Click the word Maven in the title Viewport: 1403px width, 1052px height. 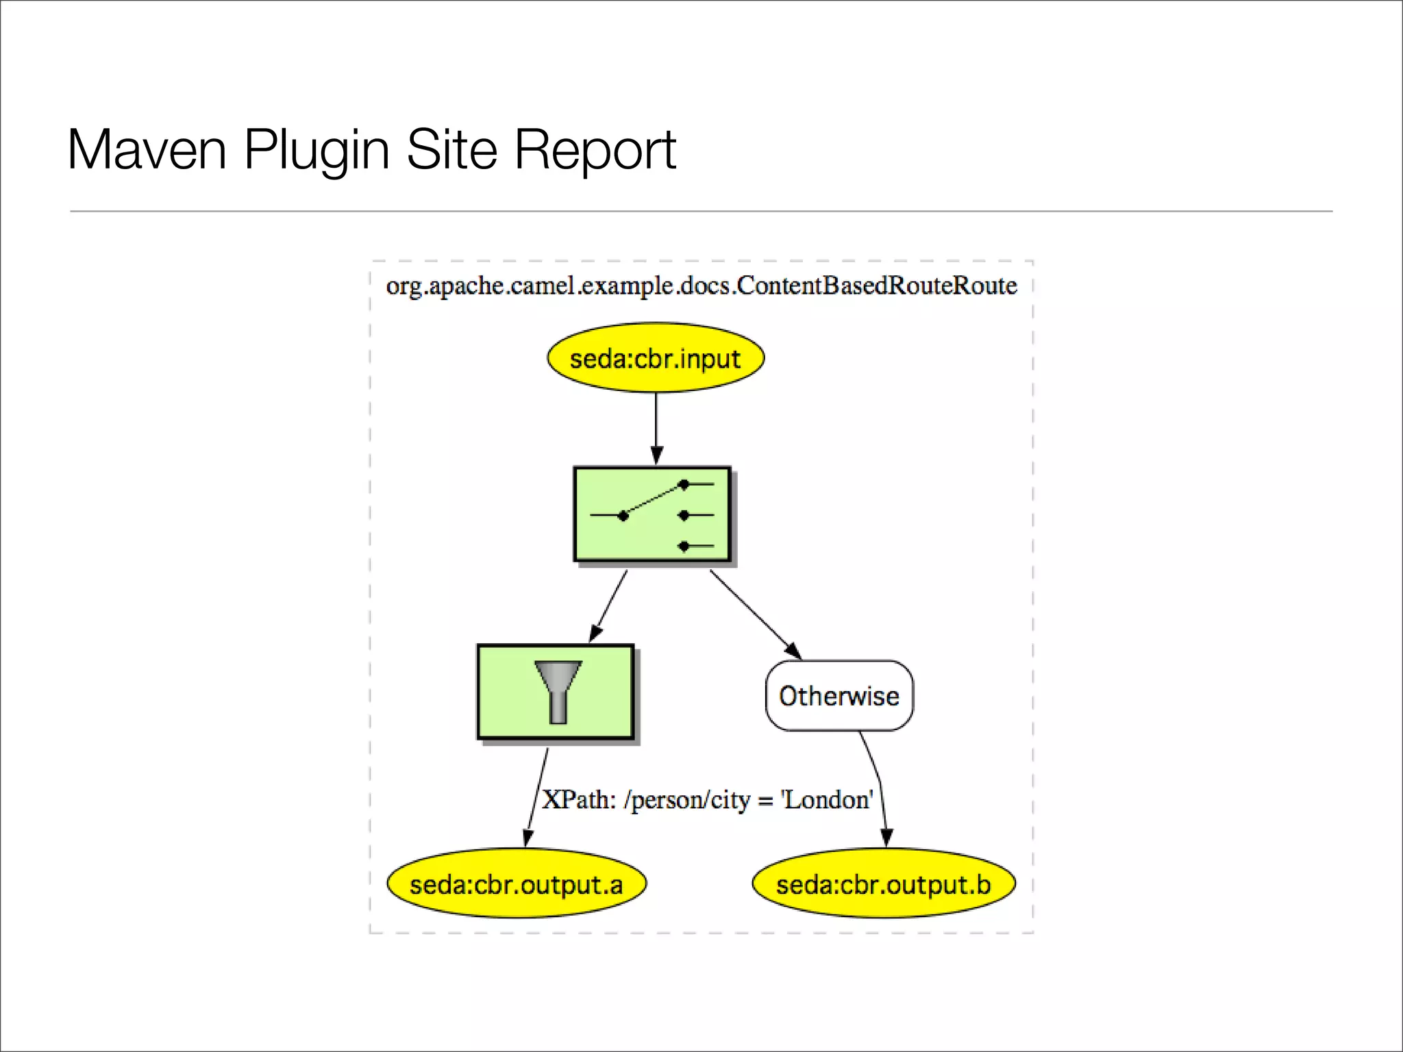pos(147,150)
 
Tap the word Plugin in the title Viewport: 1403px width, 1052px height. pos(317,150)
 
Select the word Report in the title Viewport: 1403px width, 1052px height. pos(595,150)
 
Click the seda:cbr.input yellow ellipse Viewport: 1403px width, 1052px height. pos(656,358)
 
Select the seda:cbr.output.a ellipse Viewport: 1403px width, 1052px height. pos(517,884)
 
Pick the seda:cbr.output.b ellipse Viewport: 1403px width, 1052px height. pos(883,884)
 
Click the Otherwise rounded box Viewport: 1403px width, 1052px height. pos(839,696)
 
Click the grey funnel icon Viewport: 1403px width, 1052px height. pos(558,691)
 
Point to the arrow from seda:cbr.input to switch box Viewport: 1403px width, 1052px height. pos(656,428)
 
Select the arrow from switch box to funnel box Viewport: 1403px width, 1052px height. pos(608,607)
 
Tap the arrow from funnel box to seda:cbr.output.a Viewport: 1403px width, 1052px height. pos(536,799)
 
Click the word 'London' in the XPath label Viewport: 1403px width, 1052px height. pos(828,800)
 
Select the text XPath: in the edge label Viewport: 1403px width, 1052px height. pos(579,800)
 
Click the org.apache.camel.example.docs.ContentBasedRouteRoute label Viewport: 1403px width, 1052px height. pos(701,286)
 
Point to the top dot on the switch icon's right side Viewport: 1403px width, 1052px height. pos(684,484)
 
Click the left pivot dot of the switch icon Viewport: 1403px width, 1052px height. pos(623,516)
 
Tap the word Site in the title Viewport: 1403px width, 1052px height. pos(451,150)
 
